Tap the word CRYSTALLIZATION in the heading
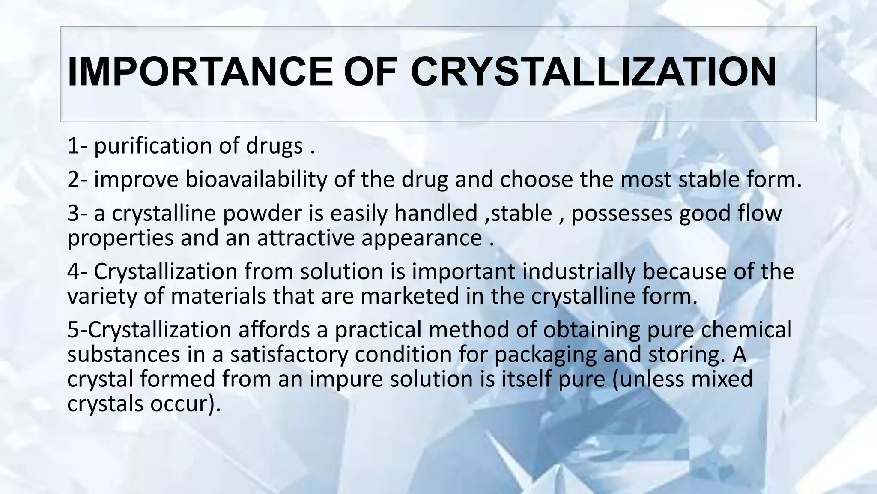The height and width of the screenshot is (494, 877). pos(593,72)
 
